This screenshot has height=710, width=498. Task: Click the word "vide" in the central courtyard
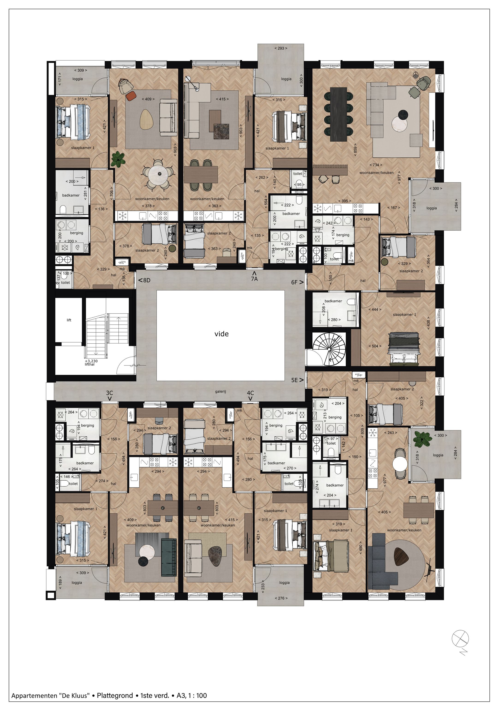pyautogui.click(x=221, y=334)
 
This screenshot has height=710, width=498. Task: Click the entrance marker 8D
pyautogui.click(x=144, y=281)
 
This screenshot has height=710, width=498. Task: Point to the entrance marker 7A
pyautogui.click(x=254, y=277)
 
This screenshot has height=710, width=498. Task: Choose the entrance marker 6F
pyautogui.click(x=297, y=282)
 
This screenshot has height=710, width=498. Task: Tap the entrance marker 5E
pyautogui.click(x=297, y=380)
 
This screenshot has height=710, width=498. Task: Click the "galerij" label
pyautogui.click(x=220, y=391)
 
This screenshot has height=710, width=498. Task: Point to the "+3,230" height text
pyautogui.click(x=91, y=361)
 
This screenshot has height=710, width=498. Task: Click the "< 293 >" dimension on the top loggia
pyautogui.click(x=281, y=48)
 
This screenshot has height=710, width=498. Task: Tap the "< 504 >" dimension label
pyautogui.click(x=375, y=346)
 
